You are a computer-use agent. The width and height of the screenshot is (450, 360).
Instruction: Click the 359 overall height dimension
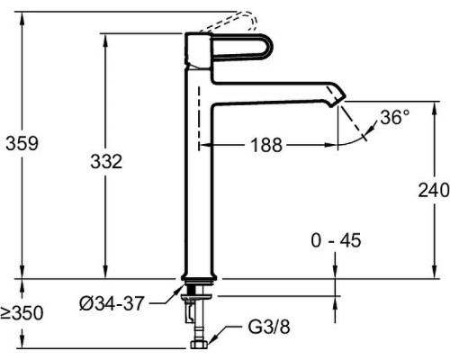[x=22, y=143]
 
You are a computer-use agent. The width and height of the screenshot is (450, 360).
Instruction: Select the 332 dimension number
[x=106, y=162]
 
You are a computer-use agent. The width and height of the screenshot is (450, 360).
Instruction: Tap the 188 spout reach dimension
[x=266, y=145]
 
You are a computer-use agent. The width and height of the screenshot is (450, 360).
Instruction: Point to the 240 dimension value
[x=434, y=190]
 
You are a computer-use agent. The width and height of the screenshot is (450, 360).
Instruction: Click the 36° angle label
[x=395, y=117]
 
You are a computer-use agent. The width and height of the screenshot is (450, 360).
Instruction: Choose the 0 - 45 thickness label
[x=336, y=240]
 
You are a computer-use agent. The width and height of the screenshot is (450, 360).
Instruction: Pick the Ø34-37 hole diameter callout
[x=112, y=303]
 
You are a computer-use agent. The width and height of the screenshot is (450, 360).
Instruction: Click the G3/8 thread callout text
[x=269, y=327]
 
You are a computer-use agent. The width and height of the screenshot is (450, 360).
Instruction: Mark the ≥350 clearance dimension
[x=22, y=313]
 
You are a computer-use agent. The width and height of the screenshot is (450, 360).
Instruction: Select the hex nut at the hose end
[x=200, y=345]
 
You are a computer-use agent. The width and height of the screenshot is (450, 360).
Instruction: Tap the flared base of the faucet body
[x=200, y=277]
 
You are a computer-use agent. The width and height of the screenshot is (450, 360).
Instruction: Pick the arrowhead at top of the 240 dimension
[x=434, y=107]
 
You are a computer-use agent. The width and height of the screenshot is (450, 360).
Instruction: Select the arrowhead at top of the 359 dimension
[x=22, y=19]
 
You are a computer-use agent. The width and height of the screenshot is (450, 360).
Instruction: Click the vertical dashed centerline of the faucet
[x=199, y=118]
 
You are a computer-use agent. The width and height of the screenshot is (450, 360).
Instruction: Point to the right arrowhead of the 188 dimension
[x=331, y=145]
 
